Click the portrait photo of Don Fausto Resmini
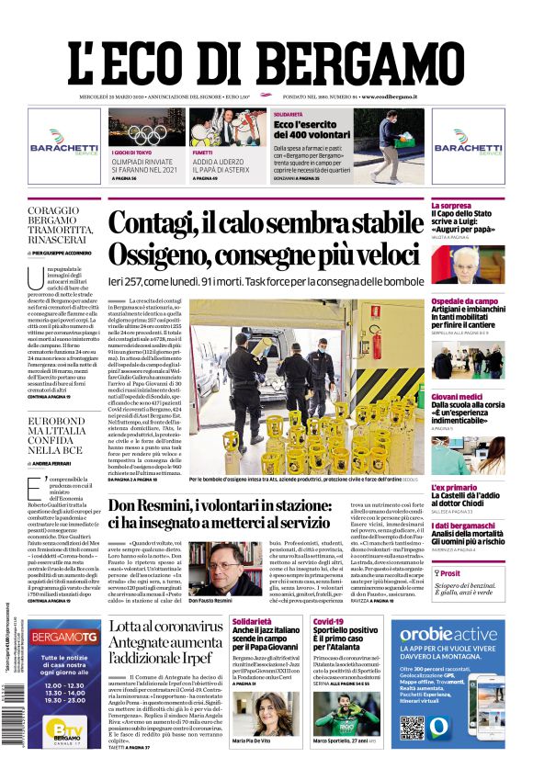(210, 569)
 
